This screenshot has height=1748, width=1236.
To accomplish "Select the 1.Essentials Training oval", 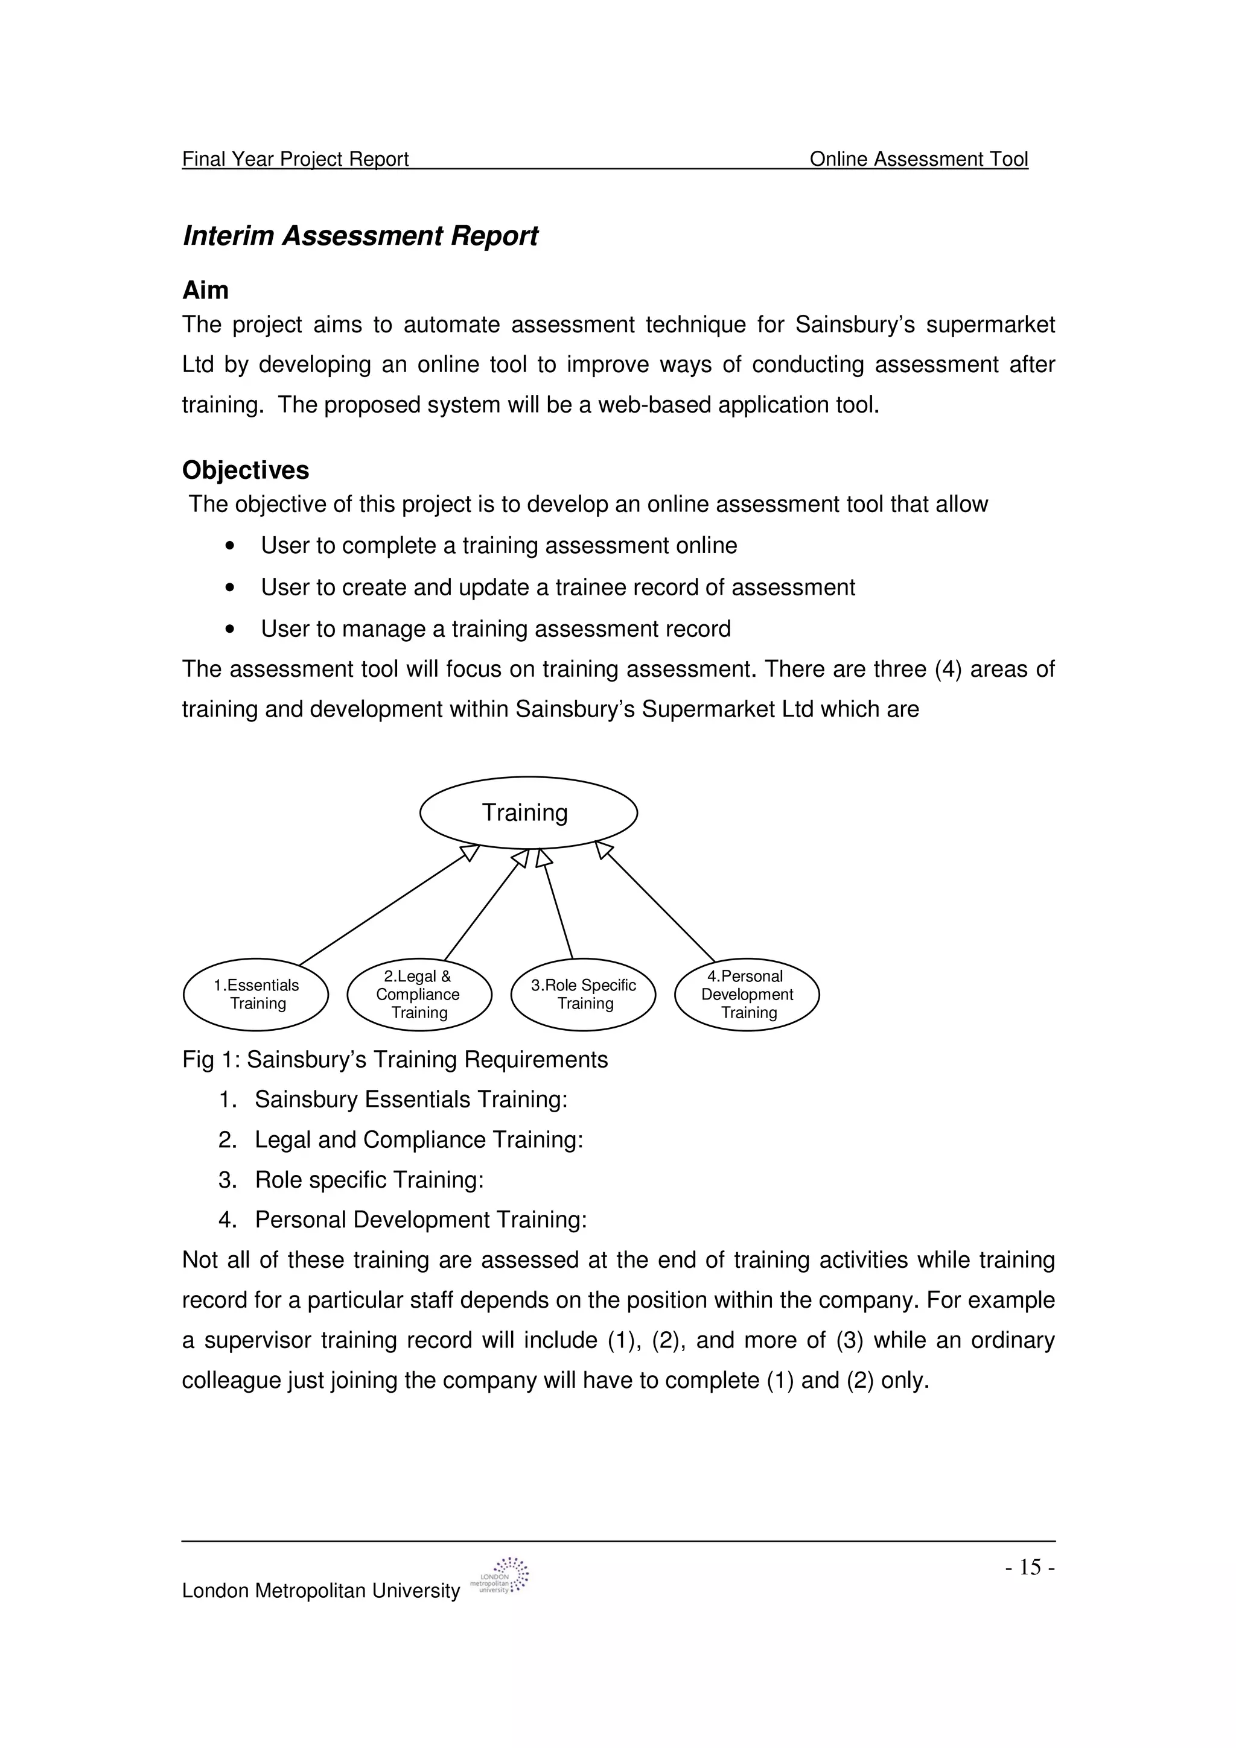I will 256,993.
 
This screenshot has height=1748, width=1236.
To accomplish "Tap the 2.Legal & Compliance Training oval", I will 419,993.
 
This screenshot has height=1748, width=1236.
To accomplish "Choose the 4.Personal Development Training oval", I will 747,993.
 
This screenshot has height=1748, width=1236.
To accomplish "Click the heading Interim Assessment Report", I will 360,236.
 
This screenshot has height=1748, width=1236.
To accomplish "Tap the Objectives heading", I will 245,470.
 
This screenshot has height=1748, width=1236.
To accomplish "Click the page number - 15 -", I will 1029,1567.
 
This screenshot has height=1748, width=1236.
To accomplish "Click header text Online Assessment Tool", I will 919,159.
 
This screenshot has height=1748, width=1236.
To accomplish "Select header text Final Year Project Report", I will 296,159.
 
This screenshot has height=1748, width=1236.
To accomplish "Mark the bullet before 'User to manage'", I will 229,629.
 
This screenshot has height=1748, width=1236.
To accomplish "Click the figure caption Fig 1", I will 395,1059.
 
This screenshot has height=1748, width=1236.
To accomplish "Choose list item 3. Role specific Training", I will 369,1179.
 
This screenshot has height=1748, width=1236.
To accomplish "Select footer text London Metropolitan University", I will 320,1591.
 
